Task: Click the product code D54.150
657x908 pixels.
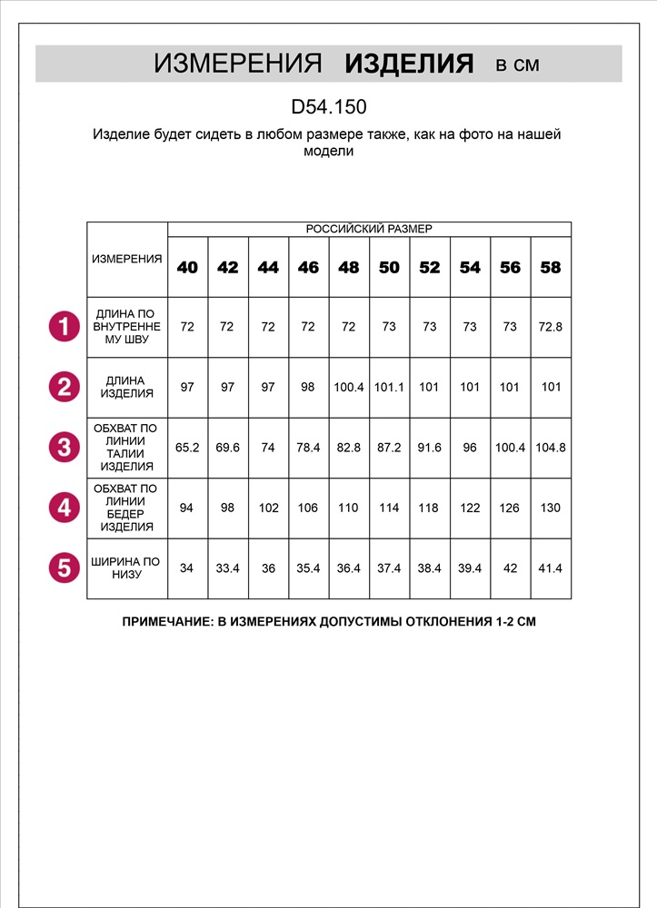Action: coord(328,107)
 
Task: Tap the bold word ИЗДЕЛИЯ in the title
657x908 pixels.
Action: coord(409,64)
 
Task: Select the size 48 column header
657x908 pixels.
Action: coord(349,267)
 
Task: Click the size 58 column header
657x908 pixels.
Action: coord(551,267)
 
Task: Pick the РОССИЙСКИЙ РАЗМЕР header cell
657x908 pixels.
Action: coord(369,229)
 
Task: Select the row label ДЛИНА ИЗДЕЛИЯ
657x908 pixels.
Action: coord(127,387)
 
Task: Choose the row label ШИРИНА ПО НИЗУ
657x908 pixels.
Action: coord(127,568)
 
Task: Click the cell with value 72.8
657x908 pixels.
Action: coord(551,326)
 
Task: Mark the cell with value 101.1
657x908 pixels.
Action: coord(389,387)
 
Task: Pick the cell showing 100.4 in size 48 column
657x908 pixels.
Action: coord(349,387)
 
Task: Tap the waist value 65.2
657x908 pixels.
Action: coord(187,448)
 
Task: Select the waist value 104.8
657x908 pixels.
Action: coord(551,448)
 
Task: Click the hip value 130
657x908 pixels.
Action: coord(551,508)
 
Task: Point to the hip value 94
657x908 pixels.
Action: coord(187,508)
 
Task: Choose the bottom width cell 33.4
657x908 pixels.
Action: coord(227,568)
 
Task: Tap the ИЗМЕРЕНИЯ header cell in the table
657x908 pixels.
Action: coord(127,259)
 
